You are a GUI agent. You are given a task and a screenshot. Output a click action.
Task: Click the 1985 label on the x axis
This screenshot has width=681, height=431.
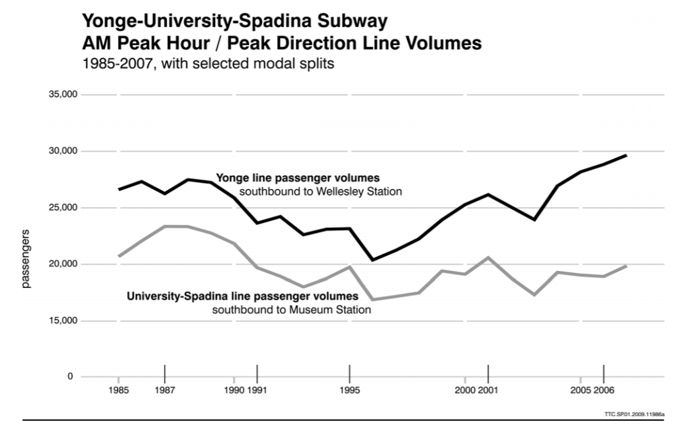click(119, 390)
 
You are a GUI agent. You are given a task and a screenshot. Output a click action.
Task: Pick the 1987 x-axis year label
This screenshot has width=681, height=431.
click(165, 390)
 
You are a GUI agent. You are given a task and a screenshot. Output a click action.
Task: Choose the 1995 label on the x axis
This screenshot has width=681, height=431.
click(350, 390)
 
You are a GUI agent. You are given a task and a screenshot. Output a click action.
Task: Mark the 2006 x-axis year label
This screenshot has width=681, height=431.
click(603, 390)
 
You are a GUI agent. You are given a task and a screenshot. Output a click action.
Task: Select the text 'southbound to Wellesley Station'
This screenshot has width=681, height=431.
click(321, 191)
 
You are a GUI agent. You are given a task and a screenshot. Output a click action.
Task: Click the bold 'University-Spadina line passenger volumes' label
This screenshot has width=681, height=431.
click(242, 297)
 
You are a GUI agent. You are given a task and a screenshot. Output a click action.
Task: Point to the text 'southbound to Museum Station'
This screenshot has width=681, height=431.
click(292, 310)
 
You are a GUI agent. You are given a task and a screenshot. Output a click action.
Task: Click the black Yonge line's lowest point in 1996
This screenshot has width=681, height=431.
click(373, 260)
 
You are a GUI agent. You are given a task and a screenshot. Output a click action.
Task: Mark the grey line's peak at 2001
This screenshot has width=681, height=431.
click(488, 258)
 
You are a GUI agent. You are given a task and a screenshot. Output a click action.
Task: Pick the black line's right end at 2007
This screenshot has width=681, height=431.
click(626, 155)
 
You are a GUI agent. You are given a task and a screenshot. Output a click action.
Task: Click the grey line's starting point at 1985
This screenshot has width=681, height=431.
click(119, 256)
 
